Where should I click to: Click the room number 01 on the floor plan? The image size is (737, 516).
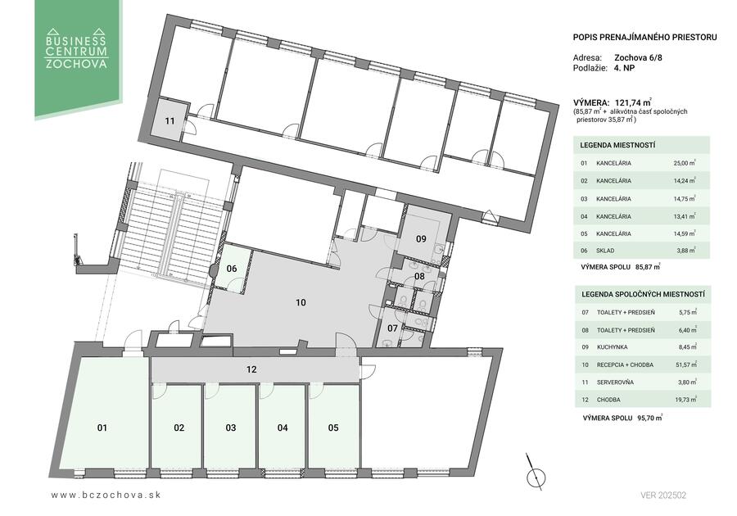click(102, 428)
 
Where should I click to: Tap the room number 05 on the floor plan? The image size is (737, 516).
click(333, 428)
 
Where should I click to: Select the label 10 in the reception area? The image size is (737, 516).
click(301, 302)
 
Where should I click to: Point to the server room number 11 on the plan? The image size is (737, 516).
click(170, 120)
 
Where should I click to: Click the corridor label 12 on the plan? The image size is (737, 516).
click(251, 369)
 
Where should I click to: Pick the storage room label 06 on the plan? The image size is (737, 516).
click(232, 269)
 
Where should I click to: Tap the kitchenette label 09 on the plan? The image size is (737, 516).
click(421, 238)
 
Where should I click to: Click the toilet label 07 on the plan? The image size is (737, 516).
click(392, 328)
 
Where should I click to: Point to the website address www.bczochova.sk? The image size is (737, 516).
click(106, 495)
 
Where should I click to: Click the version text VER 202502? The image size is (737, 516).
click(663, 496)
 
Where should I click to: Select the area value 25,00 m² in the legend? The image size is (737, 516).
click(685, 163)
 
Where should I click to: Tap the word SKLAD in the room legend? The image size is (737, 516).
click(605, 251)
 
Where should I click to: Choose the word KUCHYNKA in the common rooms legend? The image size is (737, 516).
click(612, 347)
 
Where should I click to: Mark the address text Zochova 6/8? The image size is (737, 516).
click(638, 58)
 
